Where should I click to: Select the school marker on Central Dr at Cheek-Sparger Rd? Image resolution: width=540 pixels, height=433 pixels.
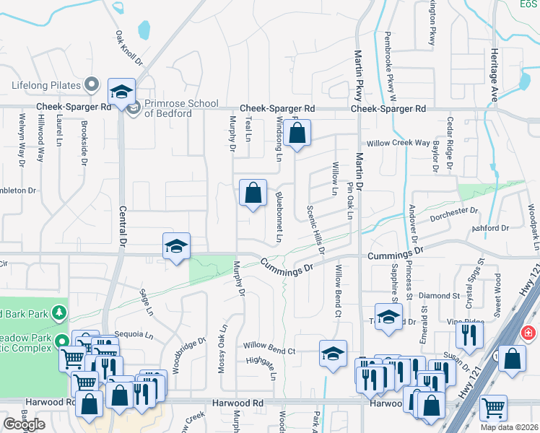click(122, 92)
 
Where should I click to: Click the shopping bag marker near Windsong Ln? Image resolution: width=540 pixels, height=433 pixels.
click(297, 134)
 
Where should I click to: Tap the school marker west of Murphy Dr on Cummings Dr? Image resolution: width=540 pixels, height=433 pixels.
click(176, 247)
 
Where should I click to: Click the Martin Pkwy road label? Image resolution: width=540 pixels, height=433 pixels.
click(357, 79)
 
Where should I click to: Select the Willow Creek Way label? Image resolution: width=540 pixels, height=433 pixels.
click(399, 143)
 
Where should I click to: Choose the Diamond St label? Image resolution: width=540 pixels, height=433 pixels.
click(439, 296)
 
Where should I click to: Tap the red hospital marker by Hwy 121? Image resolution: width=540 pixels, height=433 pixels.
click(528, 333)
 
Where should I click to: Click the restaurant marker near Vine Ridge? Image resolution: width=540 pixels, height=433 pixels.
click(470, 336)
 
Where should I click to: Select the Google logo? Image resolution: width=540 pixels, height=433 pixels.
click(24, 424)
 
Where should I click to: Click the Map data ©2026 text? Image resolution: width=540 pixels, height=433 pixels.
click(509, 427)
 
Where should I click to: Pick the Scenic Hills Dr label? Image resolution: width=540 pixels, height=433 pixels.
click(316, 235)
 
